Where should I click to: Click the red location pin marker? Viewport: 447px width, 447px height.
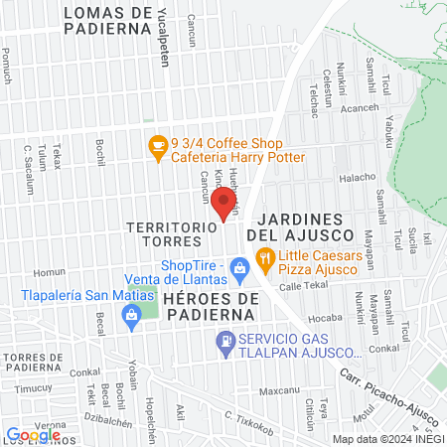tap(225, 205)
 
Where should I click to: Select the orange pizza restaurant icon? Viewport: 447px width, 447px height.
tap(264, 261)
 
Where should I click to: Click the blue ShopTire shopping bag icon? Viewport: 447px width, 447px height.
tap(238, 266)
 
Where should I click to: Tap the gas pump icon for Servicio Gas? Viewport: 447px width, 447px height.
tap(225, 344)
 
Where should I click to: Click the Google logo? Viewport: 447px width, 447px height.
tap(33, 434)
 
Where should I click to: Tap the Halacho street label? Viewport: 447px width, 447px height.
tap(358, 177)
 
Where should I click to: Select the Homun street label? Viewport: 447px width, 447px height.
tap(49, 272)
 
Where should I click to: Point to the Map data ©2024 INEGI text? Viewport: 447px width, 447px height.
tap(388, 438)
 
